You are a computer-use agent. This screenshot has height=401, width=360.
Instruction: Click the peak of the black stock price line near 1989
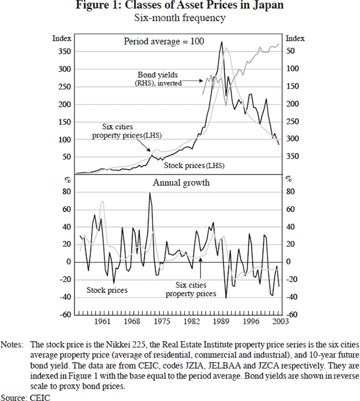coord(222,42)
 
